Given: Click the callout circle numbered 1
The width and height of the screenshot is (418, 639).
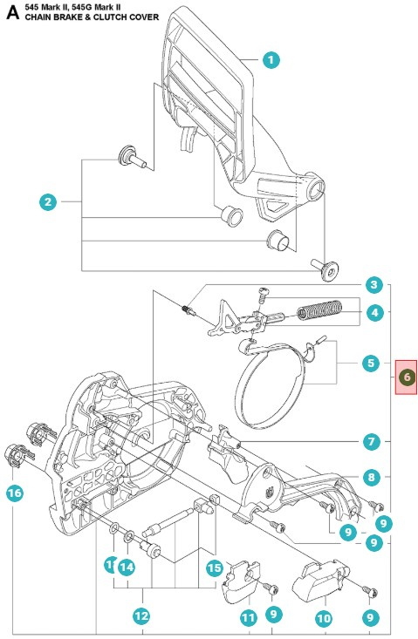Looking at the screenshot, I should (x=271, y=59).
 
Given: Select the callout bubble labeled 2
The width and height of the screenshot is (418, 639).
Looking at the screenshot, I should (x=49, y=202).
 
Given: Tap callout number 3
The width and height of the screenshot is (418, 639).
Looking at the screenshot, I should (x=373, y=285).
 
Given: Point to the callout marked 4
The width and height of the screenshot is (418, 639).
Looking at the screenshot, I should (x=373, y=312).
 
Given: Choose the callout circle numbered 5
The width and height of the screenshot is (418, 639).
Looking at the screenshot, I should (x=373, y=362).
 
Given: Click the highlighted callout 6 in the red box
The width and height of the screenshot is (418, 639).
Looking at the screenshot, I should (x=406, y=377).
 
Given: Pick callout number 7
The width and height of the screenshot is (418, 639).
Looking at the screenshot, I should (x=373, y=442).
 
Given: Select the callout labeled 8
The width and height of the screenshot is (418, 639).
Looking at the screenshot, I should (x=373, y=478).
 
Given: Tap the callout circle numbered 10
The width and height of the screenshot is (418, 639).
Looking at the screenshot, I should (x=323, y=617).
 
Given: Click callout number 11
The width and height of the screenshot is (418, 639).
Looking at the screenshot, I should (x=248, y=617).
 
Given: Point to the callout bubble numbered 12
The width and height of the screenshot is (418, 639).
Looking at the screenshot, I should (x=141, y=615).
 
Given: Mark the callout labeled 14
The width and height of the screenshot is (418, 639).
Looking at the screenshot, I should (x=127, y=568).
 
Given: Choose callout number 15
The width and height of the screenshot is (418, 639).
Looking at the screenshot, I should (x=215, y=568).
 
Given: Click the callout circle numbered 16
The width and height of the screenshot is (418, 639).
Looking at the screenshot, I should (x=15, y=493).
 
